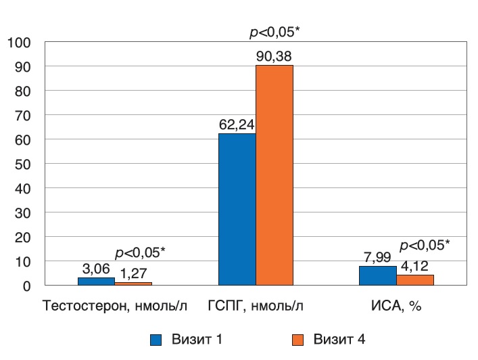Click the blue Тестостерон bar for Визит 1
coord(96,281)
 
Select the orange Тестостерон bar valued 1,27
coord(133,284)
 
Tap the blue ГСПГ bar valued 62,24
coord(237,209)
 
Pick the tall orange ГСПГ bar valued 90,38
coord(274,175)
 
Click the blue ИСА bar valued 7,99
coord(378,275)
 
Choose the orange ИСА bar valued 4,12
coord(415,279)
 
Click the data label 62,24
coord(237,125)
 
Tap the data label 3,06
coord(96,269)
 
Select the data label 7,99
coord(378,257)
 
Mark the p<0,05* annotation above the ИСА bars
coord(425,244)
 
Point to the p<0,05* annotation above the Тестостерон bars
coord(140,252)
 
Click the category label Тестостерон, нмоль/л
coord(115,306)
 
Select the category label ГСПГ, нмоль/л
coord(255,306)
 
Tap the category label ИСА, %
coord(396,306)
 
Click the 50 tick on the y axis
coord(23,164)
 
